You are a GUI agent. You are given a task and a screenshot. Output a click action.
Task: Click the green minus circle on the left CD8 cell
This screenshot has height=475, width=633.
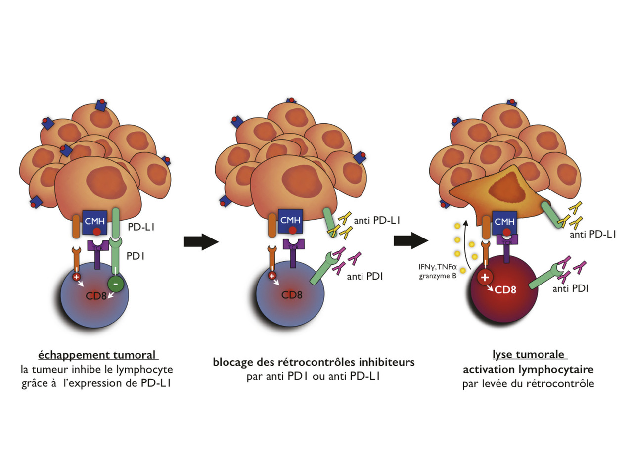tap(115, 285)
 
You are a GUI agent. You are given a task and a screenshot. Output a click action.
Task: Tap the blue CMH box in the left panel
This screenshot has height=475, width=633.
tap(95, 222)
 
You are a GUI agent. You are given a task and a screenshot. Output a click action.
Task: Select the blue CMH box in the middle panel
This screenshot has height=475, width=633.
tap(290, 221)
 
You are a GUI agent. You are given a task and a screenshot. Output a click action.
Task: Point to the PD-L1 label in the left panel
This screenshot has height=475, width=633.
tap(141, 227)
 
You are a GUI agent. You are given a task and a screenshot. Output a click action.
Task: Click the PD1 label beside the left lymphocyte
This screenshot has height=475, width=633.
tap(135, 256)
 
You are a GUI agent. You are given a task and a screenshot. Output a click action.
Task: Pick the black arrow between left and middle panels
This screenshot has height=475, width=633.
tap(201, 242)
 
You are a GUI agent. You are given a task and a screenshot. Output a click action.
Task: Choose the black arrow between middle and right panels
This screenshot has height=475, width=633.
tap(411, 241)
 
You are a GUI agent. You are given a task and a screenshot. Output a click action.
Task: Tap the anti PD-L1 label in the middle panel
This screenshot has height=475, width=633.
tap(377, 220)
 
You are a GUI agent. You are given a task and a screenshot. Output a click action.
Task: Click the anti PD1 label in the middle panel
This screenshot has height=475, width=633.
tap(364, 277)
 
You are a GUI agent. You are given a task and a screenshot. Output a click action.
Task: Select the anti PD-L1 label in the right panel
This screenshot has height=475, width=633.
tap(592, 235)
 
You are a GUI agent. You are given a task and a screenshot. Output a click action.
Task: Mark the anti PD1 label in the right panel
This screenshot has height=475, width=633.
tap(570, 288)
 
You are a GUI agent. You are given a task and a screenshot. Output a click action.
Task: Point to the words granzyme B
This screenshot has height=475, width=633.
tap(438, 276)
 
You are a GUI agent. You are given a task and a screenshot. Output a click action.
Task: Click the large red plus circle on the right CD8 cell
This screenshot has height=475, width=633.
tap(485, 277)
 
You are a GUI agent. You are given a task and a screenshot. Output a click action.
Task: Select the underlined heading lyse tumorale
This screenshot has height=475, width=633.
tap(528, 354)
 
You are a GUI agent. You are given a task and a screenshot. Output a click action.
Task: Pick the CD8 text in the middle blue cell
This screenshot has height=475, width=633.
tap(292, 295)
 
